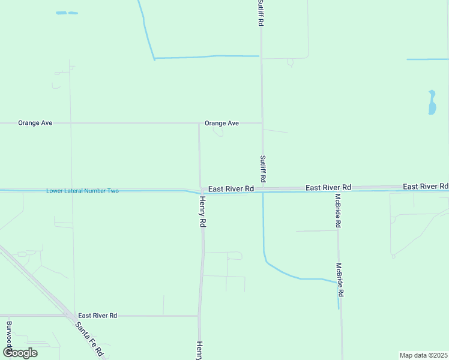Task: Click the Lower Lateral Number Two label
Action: pos(82,191)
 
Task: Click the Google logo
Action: pos(20,352)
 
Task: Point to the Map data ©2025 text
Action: pos(423,355)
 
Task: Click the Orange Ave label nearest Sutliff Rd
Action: pos(221,123)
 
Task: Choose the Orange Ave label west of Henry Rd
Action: pos(35,123)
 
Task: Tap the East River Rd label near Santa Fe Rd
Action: pos(97,316)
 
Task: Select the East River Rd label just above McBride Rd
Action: pos(328,188)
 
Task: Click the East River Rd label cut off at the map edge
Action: pos(426,187)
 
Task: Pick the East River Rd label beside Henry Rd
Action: pos(231,188)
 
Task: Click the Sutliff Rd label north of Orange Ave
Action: pos(261,13)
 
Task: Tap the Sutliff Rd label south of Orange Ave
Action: pos(263,169)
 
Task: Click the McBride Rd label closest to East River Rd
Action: pos(338,210)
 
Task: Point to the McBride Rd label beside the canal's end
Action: pos(340,280)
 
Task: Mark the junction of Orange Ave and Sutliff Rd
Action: pos(262,123)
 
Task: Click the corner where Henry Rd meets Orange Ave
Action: pos(199,123)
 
